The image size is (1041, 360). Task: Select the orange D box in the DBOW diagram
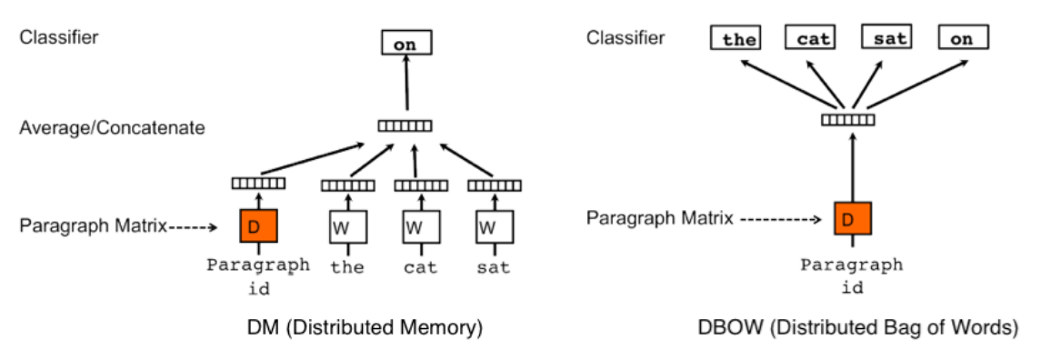pyautogui.click(x=853, y=219)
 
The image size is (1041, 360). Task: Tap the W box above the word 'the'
pyautogui.click(x=347, y=226)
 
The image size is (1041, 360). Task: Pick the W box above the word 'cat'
pyautogui.click(x=420, y=226)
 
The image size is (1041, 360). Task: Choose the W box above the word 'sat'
pyautogui.click(x=494, y=226)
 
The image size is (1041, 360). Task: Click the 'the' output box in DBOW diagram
pyautogui.click(x=738, y=38)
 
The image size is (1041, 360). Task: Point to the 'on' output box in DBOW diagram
pyautogui.click(x=962, y=38)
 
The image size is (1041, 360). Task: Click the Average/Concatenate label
pyautogui.click(x=112, y=127)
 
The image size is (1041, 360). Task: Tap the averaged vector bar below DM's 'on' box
pyautogui.click(x=405, y=126)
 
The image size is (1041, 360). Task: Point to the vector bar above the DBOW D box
pyautogui.click(x=848, y=119)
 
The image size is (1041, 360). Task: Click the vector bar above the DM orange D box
pyautogui.click(x=258, y=184)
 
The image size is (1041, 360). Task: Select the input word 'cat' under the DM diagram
pyautogui.click(x=421, y=267)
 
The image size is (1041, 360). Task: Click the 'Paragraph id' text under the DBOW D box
pyautogui.click(x=852, y=275)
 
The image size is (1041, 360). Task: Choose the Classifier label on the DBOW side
pyautogui.click(x=626, y=38)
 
